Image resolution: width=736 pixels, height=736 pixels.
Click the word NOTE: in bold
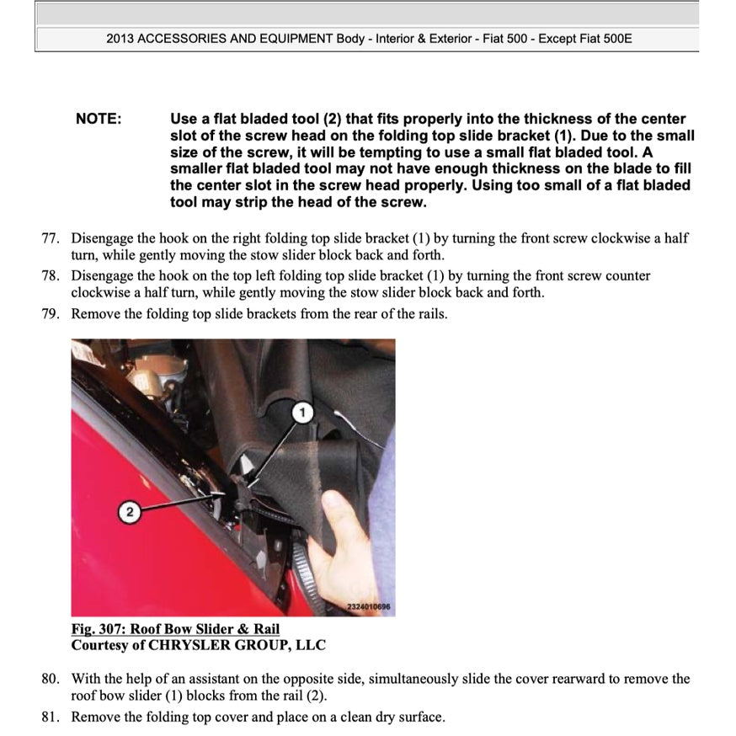pyautogui.click(x=99, y=119)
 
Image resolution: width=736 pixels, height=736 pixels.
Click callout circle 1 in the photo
pyautogui.click(x=304, y=413)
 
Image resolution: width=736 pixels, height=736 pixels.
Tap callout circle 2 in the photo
pyautogui.click(x=129, y=512)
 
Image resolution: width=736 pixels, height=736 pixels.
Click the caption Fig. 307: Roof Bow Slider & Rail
pyautogui.click(x=175, y=629)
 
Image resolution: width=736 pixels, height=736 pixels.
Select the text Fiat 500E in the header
pyautogui.click(x=605, y=39)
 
